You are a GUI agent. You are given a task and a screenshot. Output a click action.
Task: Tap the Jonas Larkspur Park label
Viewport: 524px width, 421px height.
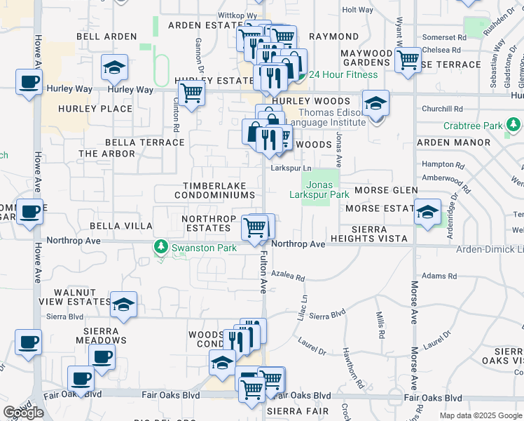320,189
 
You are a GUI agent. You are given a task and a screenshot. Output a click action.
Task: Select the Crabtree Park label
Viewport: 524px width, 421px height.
474,126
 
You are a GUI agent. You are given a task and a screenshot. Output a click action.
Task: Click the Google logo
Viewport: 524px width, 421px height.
23,413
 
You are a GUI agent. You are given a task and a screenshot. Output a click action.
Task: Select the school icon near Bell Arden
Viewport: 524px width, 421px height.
113,68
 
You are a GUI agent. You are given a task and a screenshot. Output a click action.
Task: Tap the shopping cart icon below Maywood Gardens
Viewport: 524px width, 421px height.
408,60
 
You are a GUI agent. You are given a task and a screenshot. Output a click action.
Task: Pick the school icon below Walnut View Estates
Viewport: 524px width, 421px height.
123,305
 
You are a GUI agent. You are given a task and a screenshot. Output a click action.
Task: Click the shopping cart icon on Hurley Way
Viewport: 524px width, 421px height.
191,93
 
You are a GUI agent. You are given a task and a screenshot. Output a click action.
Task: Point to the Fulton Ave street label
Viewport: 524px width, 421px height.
264,273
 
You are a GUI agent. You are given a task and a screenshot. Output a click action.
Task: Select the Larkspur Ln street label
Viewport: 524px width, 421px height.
291,168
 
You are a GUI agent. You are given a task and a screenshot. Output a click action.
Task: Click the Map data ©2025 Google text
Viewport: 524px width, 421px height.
480,415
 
